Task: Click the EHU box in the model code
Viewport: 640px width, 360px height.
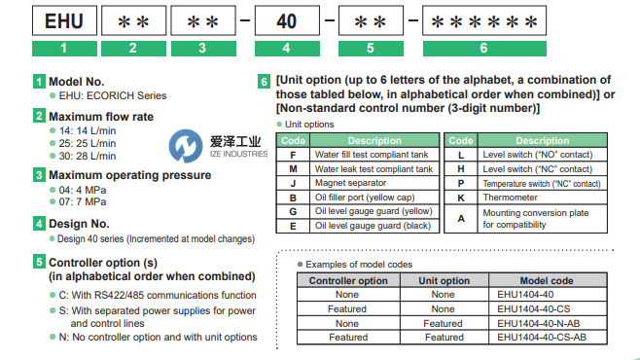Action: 64,20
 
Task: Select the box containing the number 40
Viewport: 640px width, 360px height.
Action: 287,20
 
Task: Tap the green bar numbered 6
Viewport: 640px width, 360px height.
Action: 484,49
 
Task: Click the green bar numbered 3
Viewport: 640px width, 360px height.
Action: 203,49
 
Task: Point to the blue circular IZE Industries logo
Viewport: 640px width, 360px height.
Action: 186,146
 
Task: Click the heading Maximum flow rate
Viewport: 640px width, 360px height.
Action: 101,117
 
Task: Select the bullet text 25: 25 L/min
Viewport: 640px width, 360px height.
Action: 88,143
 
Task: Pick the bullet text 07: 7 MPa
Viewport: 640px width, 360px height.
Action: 83,201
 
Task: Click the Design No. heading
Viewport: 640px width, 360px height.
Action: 79,224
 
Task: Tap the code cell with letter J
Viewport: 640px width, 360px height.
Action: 293,183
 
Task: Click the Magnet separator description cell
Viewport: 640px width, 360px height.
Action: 374,183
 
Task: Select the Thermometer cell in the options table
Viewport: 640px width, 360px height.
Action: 543,198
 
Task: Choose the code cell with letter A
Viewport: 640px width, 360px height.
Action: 461,219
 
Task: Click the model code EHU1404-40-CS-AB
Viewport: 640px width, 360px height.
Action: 542,338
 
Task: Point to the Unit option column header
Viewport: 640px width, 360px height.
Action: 444,280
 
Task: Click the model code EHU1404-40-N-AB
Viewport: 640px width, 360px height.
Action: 539,323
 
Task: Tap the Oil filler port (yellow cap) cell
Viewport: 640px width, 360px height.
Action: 374,198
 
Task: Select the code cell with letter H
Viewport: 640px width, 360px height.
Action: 461,169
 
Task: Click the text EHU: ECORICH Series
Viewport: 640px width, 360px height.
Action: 113,95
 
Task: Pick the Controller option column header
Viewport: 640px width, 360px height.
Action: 348,280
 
